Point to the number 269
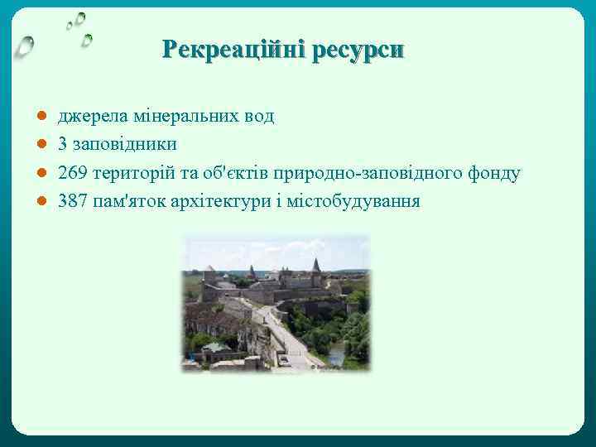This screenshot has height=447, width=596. (73, 173)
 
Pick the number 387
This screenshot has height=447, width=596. (73, 201)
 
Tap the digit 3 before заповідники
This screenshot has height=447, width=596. (63, 145)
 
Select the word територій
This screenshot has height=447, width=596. (129, 173)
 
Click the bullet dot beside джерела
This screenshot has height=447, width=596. (41, 117)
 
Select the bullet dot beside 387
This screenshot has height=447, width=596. (41, 201)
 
